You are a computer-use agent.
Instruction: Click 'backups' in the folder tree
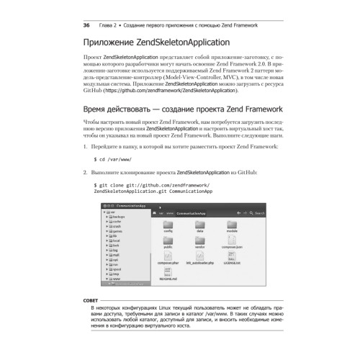pyautogui.click(x=120, y=217)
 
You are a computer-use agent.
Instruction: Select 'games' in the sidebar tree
pyautogui.click(x=118, y=230)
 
